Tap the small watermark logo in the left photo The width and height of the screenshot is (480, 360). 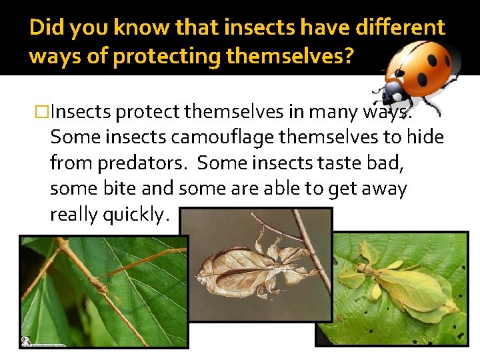point(26,341)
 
